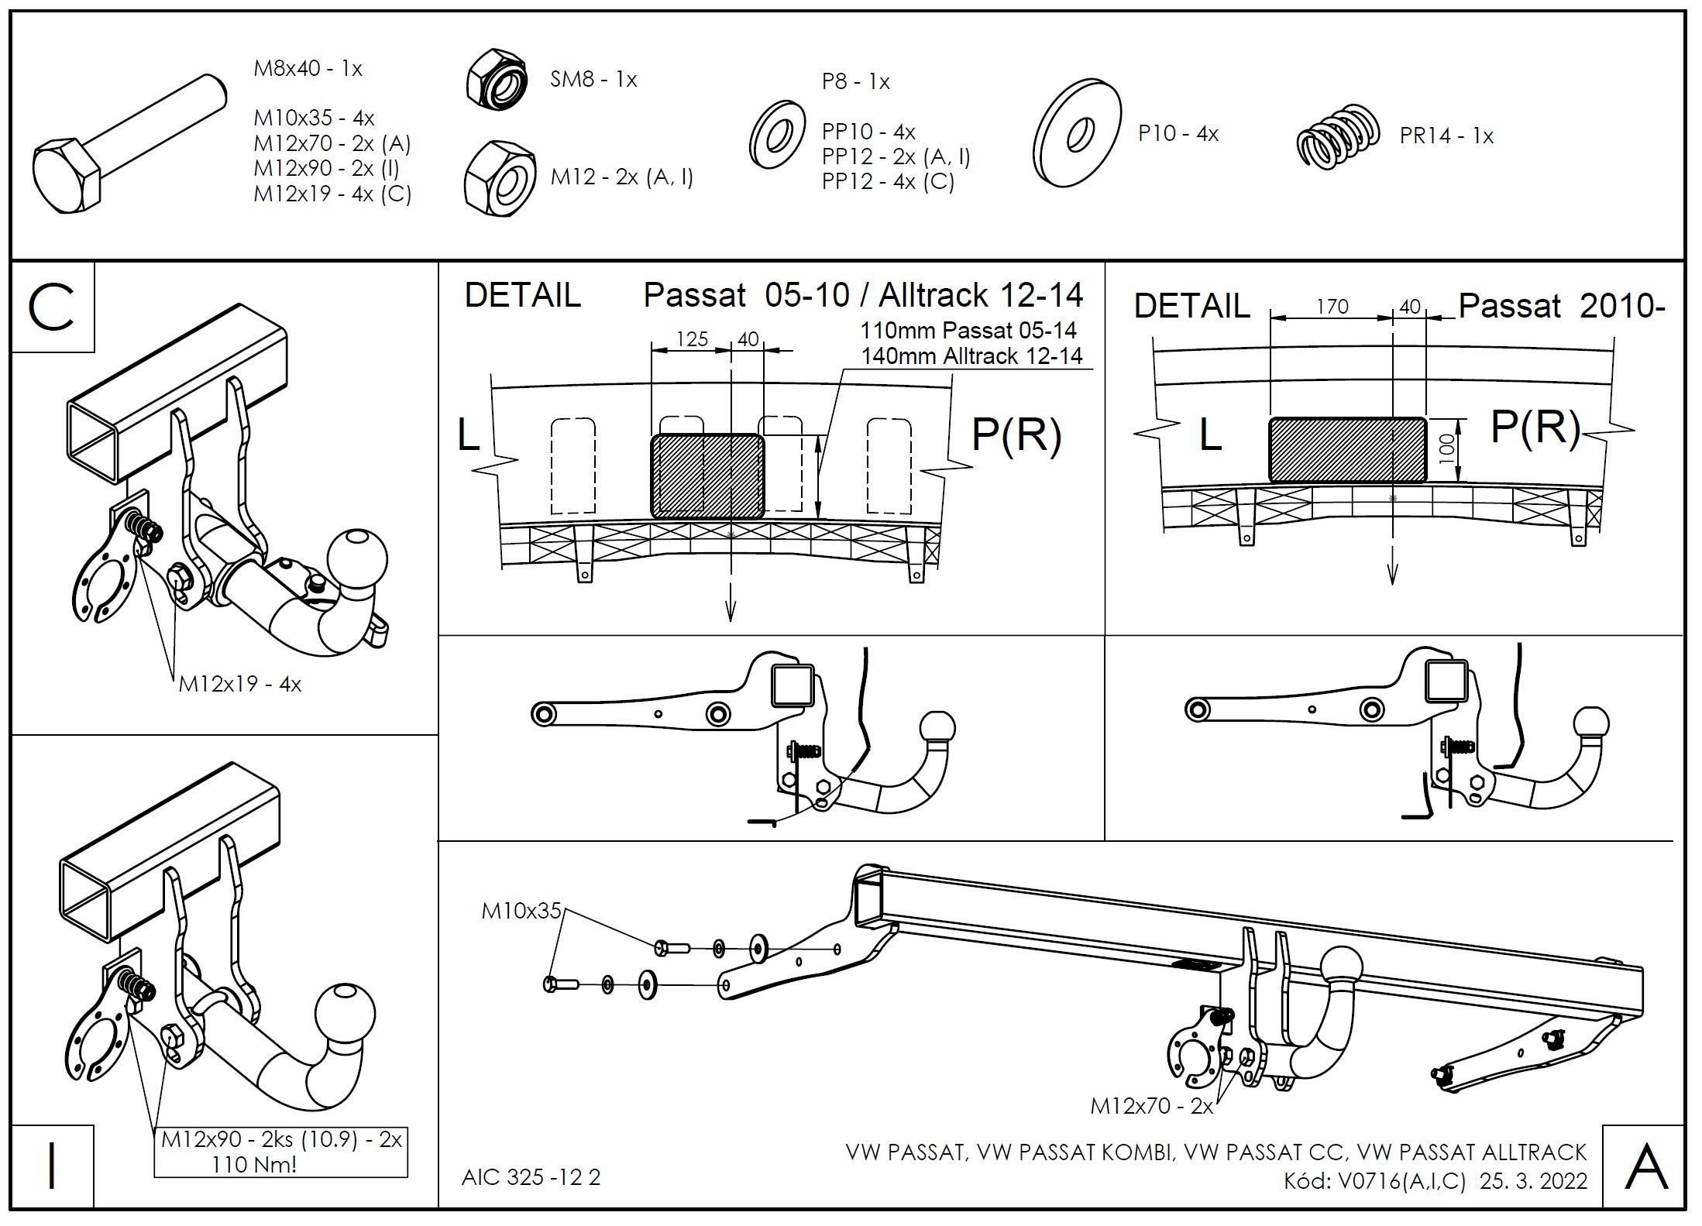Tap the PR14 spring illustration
tap(1339, 136)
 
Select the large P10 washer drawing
tap(1077, 132)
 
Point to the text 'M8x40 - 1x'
tap(308, 69)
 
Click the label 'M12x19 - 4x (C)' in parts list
tap(332, 194)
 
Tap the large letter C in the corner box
tap(51, 307)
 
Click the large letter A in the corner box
tap(1645, 1167)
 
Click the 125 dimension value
tap(692, 339)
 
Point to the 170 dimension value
tap(1332, 307)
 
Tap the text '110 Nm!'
tap(254, 1164)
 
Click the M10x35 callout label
tap(521, 911)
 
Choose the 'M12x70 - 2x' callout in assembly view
tap(1151, 1106)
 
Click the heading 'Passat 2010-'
tap(1561, 307)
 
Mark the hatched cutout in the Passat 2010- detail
tap(1347, 450)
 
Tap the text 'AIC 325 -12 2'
tap(531, 1177)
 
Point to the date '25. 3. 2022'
tap(1532, 1181)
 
